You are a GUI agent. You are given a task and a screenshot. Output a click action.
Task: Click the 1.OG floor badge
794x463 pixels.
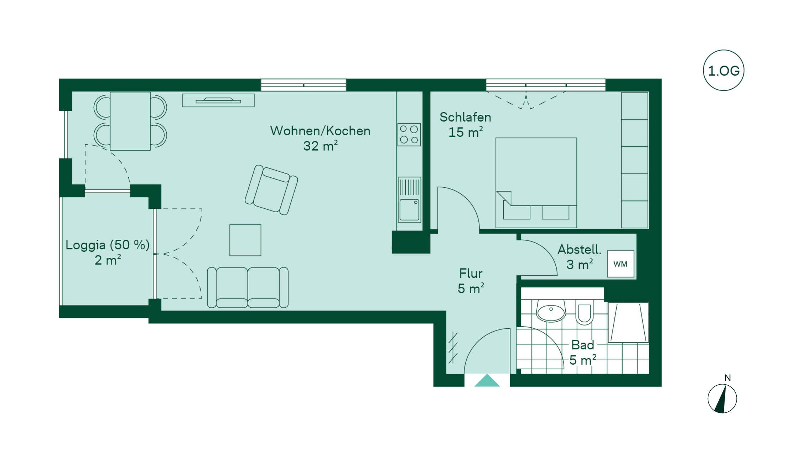723,71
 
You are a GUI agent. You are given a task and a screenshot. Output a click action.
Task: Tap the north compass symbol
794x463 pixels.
722,399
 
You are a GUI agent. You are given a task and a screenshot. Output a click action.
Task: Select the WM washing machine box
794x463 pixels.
621,264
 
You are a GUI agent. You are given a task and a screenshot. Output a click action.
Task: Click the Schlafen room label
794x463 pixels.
465,117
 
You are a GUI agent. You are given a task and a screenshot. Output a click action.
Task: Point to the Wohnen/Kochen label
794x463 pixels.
320,131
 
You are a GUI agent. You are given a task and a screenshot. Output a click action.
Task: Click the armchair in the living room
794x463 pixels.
271,190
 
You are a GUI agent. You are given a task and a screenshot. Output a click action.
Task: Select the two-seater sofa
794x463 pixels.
248,287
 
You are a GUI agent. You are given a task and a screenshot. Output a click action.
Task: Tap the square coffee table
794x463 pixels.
245,240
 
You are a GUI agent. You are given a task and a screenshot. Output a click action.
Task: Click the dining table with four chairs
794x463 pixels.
130,121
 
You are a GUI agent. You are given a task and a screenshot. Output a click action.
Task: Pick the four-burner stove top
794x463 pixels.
409,134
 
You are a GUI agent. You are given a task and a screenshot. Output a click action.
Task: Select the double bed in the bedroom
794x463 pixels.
536,183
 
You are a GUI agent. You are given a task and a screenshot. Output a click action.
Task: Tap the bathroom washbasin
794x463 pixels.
551,311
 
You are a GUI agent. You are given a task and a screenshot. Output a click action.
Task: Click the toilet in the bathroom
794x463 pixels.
584,312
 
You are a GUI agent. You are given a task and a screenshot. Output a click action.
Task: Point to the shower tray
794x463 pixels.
628,322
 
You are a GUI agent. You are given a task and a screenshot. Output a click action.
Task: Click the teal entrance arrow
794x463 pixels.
487,380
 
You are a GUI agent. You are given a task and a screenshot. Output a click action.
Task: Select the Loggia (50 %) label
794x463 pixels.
107,245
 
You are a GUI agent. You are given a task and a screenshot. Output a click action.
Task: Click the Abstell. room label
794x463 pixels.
579,249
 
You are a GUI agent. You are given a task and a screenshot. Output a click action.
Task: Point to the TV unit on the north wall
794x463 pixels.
218,100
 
